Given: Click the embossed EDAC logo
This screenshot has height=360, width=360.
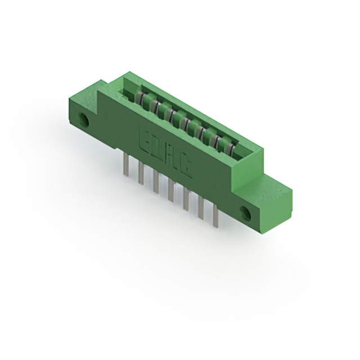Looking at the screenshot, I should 164,152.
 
